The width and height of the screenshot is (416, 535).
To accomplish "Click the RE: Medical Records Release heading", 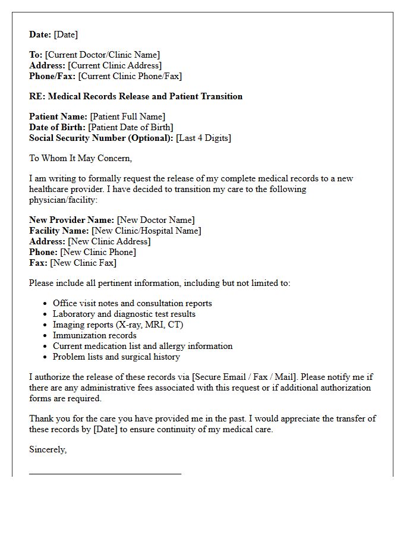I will (x=135, y=96).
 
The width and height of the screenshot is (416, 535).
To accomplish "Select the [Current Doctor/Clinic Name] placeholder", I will (x=102, y=55).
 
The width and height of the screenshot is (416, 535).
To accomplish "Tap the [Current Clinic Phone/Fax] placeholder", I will (x=130, y=76).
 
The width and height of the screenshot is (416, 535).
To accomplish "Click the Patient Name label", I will (x=58, y=117).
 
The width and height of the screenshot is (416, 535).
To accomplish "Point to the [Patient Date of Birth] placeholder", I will (x=131, y=127).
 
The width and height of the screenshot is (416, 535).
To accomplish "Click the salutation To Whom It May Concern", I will (x=80, y=158).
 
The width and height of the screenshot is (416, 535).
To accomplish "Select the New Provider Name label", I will (x=71, y=220).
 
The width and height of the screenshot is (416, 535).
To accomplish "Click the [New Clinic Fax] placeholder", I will (x=83, y=263).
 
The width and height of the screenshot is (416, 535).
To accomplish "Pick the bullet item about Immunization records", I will (x=94, y=335).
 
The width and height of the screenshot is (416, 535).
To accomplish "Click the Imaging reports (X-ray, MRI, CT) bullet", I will (x=118, y=325).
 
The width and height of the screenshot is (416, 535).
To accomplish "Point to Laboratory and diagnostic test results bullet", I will (x=124, y=314).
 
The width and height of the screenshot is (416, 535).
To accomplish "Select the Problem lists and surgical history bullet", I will (x=116, y=357).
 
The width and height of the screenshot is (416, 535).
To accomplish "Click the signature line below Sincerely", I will (x=105, y=474).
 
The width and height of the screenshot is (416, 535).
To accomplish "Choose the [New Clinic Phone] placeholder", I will (x=98, y=252).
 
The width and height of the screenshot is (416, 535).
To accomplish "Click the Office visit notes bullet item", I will (x=132, y=303).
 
